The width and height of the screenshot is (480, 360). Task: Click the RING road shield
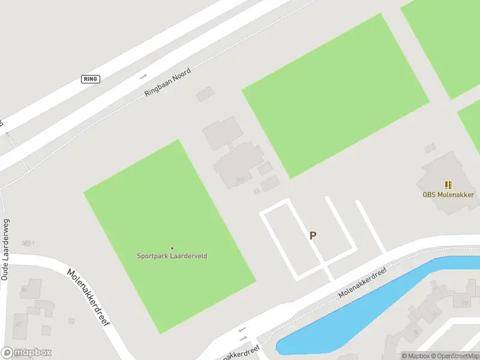tap(91, 79)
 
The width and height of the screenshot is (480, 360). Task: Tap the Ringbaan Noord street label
tap(167, 83)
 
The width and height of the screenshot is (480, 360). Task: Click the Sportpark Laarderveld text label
tap(172, 256)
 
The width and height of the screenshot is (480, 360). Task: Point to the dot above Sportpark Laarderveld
tap(172, 248)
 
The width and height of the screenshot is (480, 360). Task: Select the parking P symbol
tap(313, 236)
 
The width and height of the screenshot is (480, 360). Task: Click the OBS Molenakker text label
tap(448, 194)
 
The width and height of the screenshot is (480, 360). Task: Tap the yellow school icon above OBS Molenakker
tap(448, 185)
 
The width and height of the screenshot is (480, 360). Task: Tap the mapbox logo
tap(26, 353)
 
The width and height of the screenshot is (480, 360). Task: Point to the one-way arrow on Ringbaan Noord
tap(143, 77)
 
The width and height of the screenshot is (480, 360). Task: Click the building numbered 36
tap(31, 288)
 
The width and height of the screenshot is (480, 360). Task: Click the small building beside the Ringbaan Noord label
tap(205, 94)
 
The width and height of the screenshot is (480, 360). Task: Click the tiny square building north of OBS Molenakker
tap(430, 148)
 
